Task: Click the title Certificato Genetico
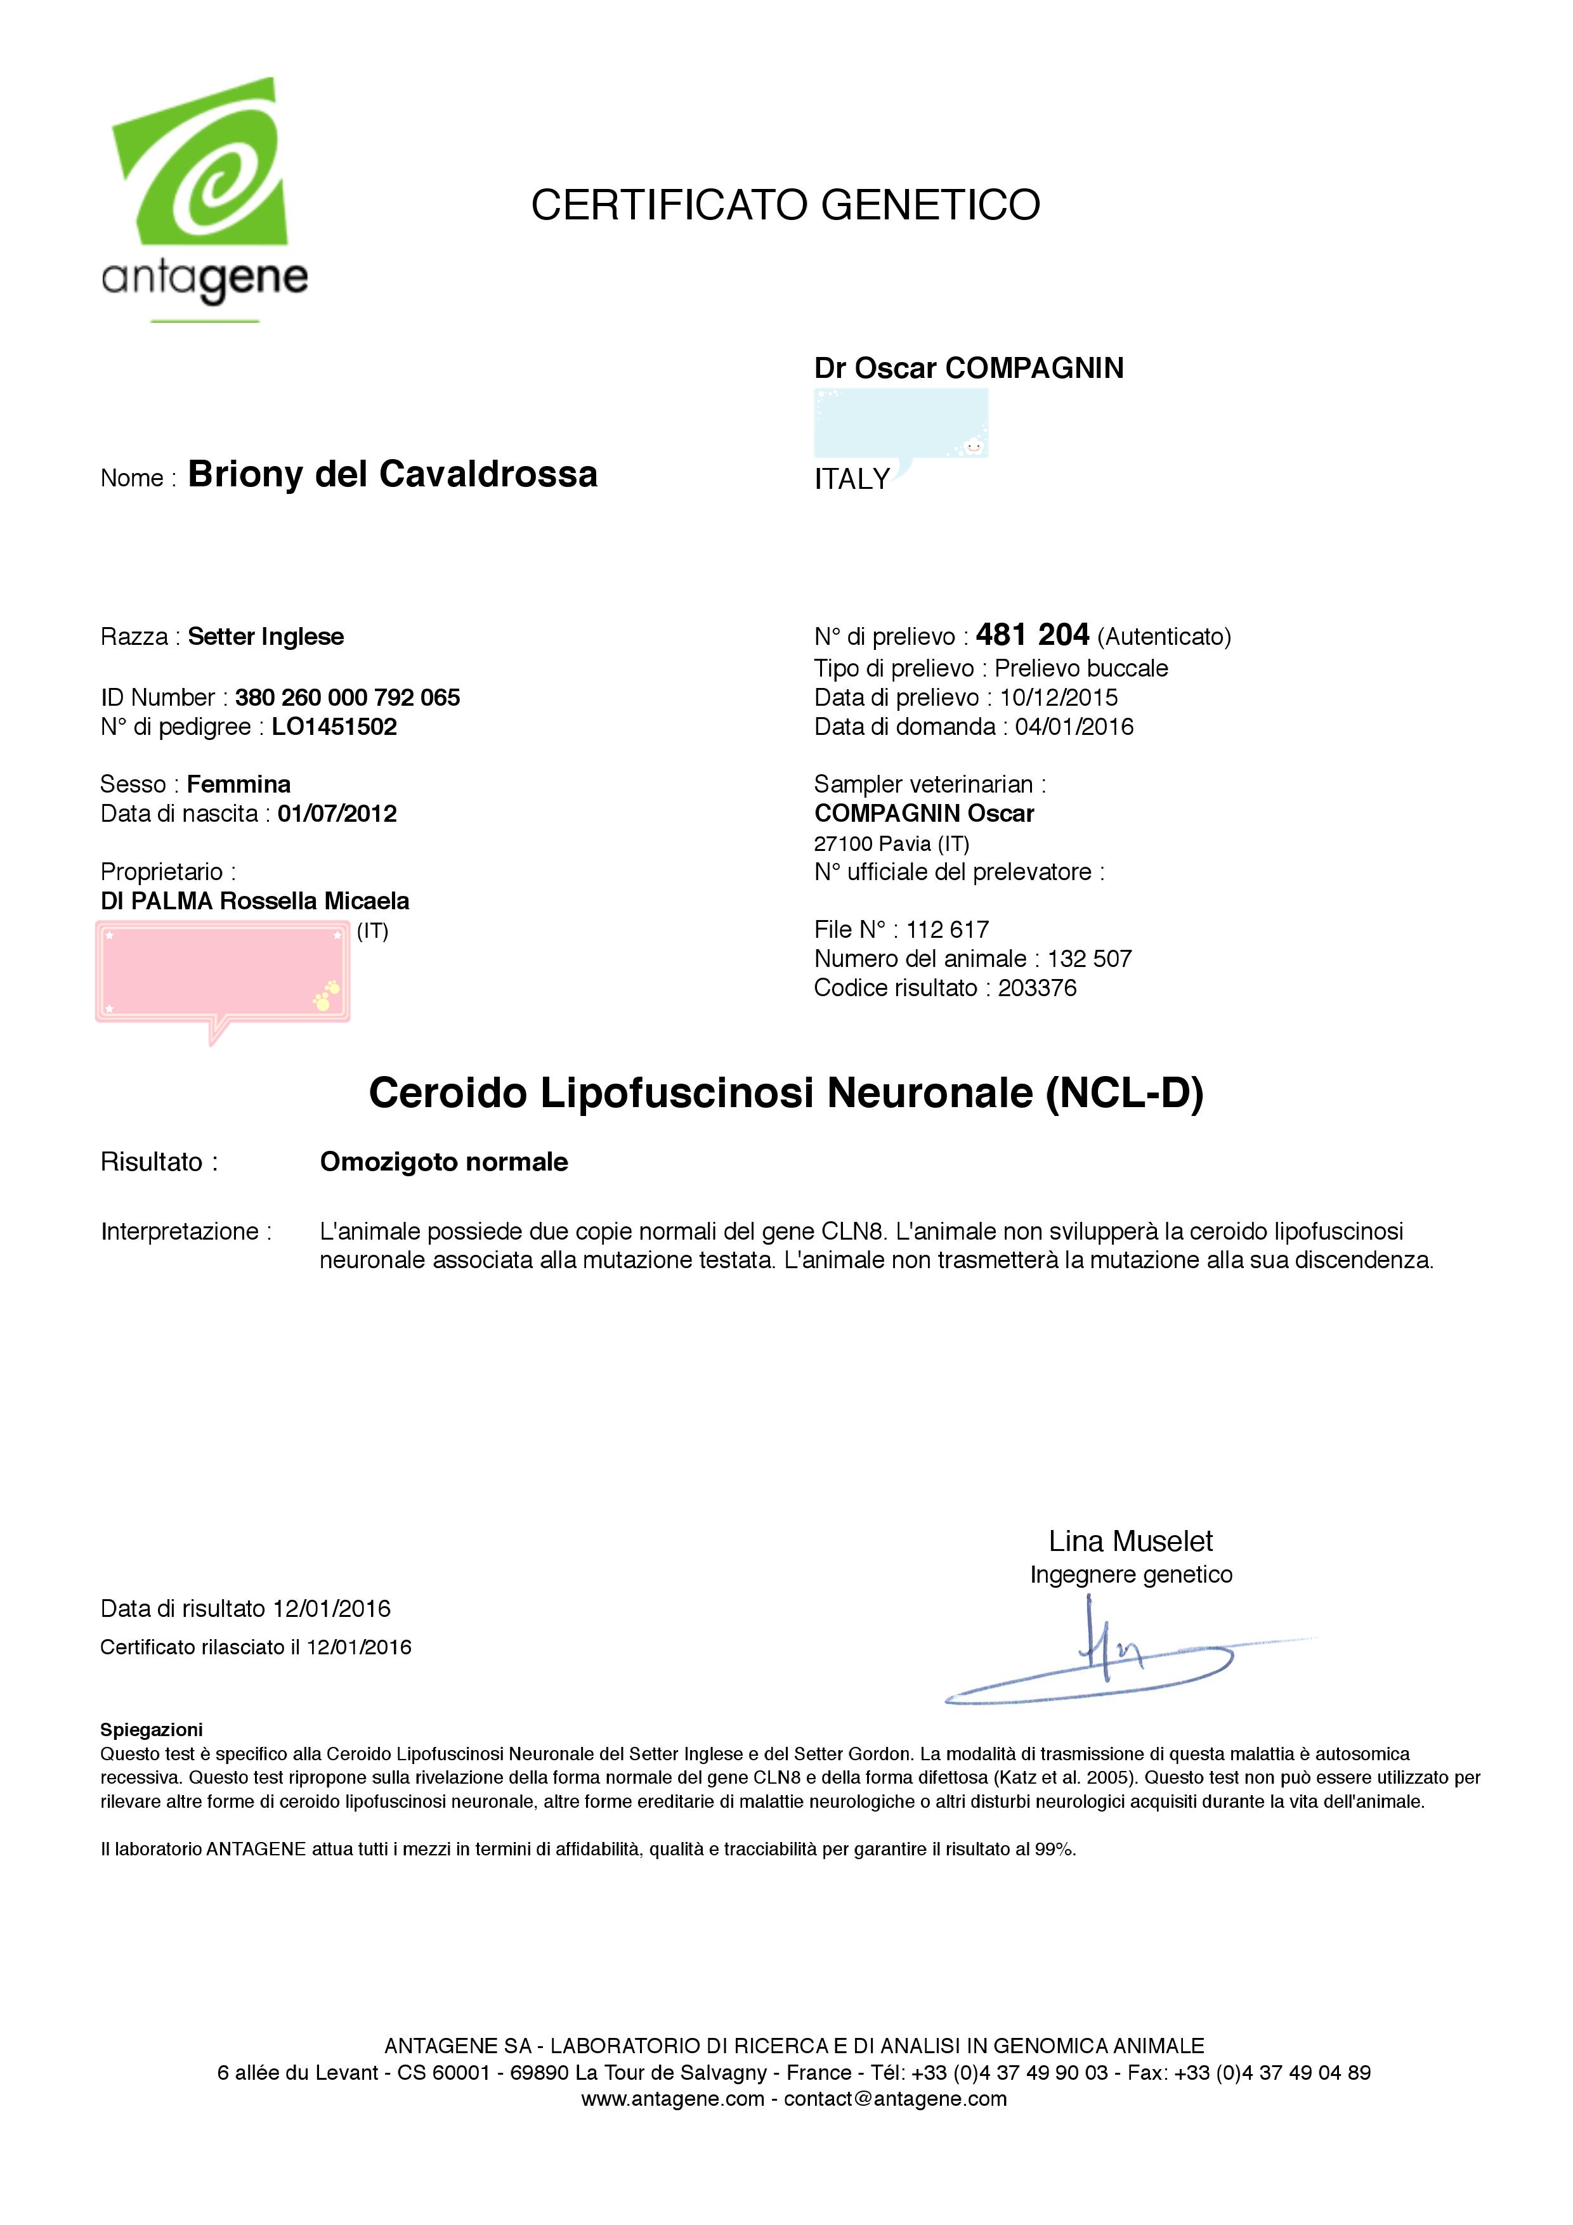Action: point(785,205)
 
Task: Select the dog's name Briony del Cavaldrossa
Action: point(393,475)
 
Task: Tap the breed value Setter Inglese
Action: point(266,637)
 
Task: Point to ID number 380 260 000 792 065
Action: point(347,697)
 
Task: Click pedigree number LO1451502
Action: point(334,727)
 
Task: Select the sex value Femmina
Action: point(238,784)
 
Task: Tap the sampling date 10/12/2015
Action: point(1059,697)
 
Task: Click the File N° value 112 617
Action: point(947,930)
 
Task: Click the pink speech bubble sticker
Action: point(223,974)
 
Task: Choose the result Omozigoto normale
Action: point(444,1162)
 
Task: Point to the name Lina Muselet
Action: point(1130,1541)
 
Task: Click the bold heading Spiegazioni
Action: point(151,1730)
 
